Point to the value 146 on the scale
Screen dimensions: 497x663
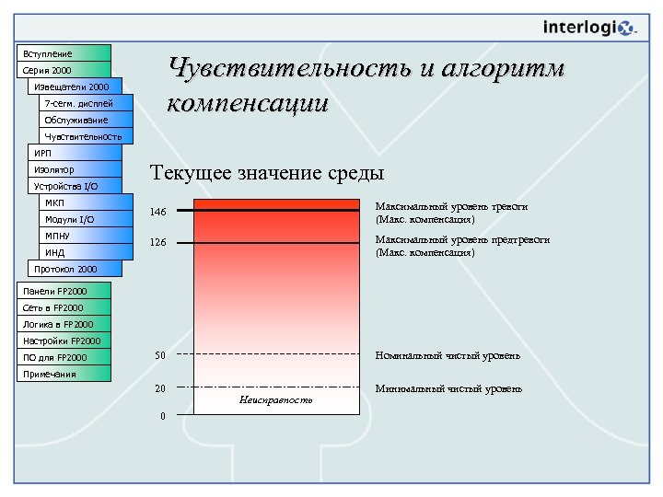point(158,213)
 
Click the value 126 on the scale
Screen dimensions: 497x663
point(158,244)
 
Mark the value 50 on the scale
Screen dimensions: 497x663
point(159,355)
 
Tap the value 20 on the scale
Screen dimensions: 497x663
point(159,388)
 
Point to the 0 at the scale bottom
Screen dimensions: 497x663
point(162,416)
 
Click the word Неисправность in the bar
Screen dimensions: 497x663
point(275,400)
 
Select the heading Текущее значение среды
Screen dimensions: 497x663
point(266,173)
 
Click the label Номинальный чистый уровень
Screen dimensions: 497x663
point(447,355)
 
